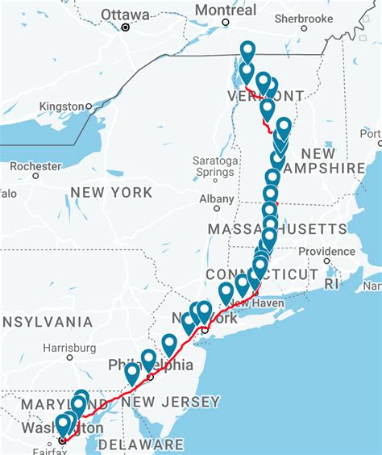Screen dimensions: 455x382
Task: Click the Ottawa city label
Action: tap(125, 15)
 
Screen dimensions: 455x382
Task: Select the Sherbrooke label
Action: tap(304, 18)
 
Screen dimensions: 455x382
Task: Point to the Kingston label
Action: tap(61, 106)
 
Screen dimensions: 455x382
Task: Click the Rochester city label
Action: tap(35, 165)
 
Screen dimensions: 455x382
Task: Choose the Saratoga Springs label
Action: tap(215, 166)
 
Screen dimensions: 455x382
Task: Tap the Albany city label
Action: tap(217, 198)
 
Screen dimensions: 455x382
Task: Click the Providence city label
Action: tap(326, 250)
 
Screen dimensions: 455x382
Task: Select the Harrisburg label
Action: tap(69, 348)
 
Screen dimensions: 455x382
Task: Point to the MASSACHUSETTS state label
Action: tap(266, 229)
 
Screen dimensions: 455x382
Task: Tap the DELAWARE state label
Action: tap(140, 445)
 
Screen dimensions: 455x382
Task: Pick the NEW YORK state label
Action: tap(110, 192)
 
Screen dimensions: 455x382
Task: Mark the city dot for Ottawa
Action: tap(125, 27)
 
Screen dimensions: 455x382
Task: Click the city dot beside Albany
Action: tap(217, 209)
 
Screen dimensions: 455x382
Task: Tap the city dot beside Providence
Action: tap(326, 261)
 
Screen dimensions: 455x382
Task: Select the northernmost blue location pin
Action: tap(247, 50)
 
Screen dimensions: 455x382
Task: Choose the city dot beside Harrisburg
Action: tap(69, 357)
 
